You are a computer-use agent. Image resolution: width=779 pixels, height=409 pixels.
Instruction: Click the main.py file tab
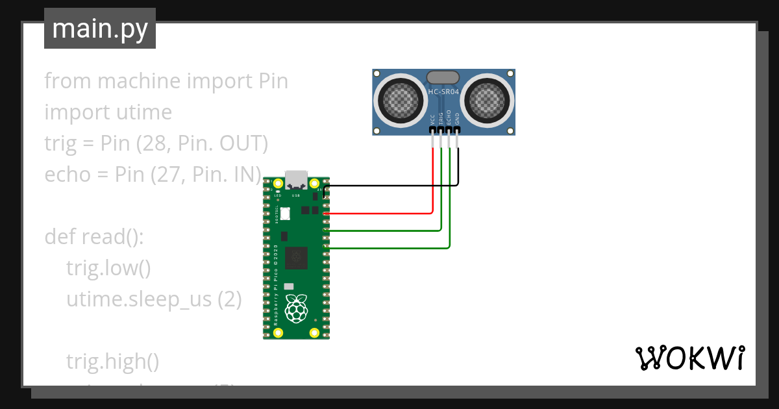tap(100, 29)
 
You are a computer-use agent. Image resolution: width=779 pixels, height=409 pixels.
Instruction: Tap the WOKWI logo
tap(689, 358)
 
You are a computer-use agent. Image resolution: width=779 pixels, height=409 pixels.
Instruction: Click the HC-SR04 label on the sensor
tap(443, 92)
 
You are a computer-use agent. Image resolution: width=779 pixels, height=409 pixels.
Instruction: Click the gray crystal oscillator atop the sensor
tap(443, 77)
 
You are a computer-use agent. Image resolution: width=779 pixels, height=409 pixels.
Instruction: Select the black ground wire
tap(389, 186)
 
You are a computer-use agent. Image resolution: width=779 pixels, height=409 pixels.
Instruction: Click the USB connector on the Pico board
tap(296, 179)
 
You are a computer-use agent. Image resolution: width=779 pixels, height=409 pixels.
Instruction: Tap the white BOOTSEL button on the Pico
tap(284, 213)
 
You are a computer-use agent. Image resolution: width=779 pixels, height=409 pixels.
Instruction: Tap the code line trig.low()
tap(108, 268)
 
